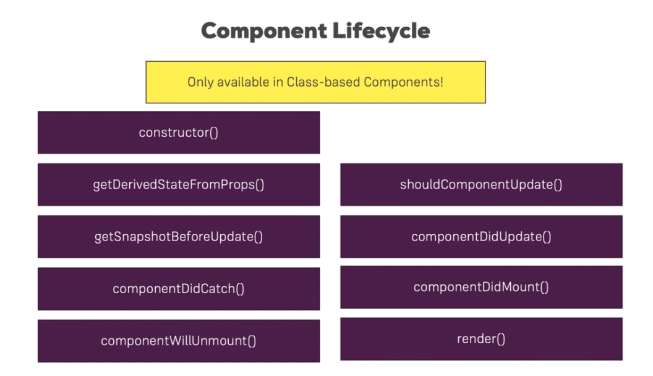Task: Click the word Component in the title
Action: coord(264,31)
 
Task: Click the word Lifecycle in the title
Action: coord(381,31)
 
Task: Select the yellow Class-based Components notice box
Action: coord(315,82)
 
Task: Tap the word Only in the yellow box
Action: coord(200,82)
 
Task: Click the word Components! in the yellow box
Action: coord(403,82)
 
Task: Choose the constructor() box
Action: coord(179,132)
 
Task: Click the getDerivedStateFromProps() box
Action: coord(179,184)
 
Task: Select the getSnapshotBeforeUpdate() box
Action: coord(179,236)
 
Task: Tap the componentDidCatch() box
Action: coord(179,289)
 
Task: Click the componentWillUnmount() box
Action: coord(179,341)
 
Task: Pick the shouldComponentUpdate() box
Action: coord(482,184)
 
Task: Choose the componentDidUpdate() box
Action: coord(482,236)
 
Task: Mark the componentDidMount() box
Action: coord(482,287)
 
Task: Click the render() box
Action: coord(482,339)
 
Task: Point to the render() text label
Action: coord(481,339)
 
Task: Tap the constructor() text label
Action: coord(179,132)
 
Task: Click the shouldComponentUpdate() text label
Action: coord(481,185)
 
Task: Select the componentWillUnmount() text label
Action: coord(179,341)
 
